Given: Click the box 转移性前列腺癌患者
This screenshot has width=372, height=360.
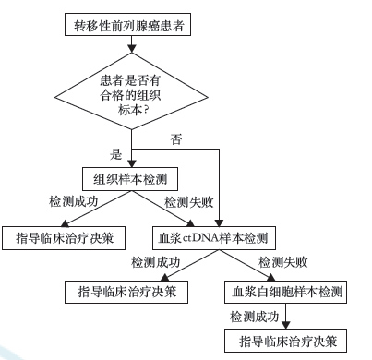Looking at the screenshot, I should pyautogui.click(x=133, y=25).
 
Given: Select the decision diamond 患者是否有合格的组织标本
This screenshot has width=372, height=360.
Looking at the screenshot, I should pyautogui.click(x=133, y=91).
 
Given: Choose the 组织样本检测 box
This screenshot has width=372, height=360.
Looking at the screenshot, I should pyautogui.click(x=132, y=178).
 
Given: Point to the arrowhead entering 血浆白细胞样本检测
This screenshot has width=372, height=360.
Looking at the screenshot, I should pyautogui.click(x=286, y=279).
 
